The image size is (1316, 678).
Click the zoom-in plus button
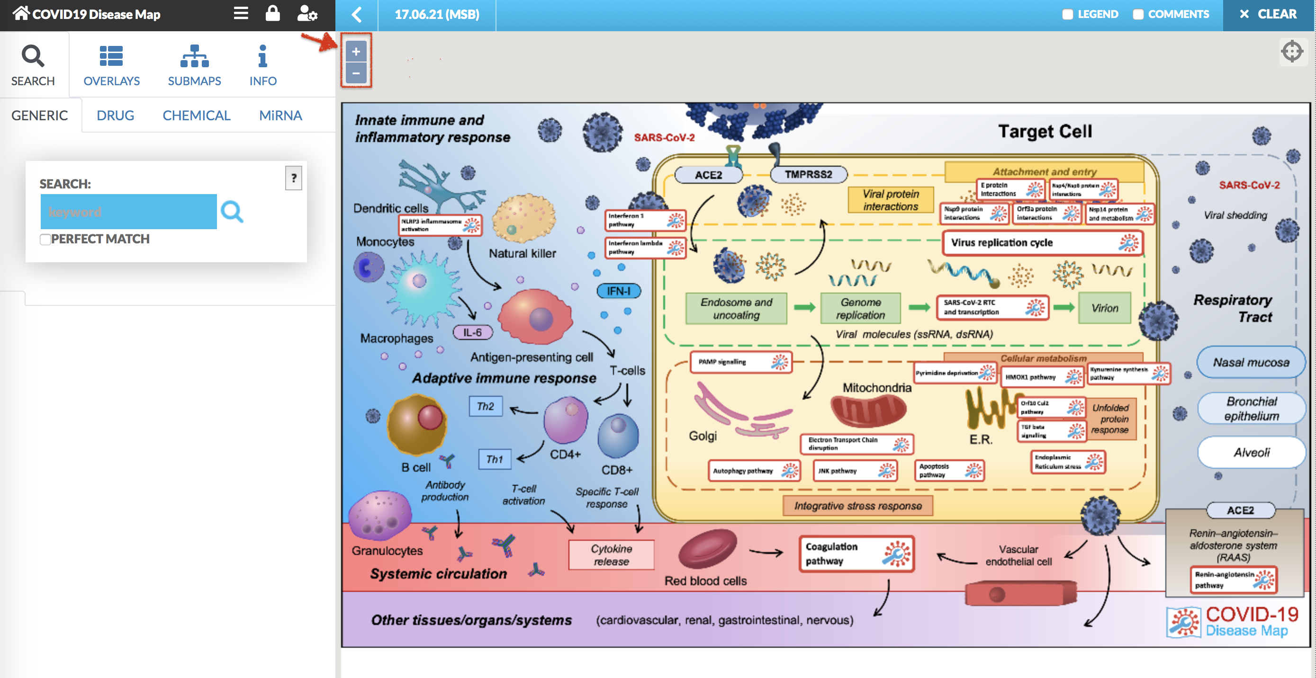[356, 52]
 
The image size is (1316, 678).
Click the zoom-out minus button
[356, 73]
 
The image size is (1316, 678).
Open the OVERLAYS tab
[111, 65]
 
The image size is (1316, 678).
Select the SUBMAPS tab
[194, 65]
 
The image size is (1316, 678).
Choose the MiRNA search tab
[280, 116]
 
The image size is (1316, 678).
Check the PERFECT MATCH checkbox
[45, 240]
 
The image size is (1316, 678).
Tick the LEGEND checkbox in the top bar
[1067, 14]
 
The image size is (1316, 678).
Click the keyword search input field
[128, 211]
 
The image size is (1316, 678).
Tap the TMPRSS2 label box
[808, 175]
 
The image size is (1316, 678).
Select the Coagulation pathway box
[856, 553]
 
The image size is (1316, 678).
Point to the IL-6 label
[473, 332]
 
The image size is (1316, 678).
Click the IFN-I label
[618, 291]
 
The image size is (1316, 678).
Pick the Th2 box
[485, 406]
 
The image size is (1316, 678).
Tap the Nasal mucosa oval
[1251, 363]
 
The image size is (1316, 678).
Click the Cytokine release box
[611, 555]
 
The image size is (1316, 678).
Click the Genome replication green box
[860, 308]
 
